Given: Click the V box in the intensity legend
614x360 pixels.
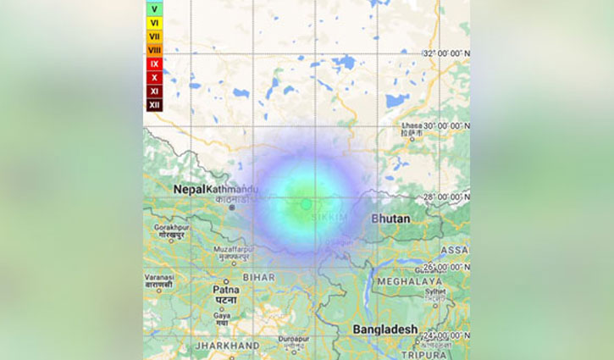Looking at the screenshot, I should coord(153,9).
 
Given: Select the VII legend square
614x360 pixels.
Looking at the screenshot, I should coord(153,36).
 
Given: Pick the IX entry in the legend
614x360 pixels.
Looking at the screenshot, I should coord(153,64).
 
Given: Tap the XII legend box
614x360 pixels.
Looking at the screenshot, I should coord(153,105).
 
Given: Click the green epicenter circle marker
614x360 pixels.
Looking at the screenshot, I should coord(306,204).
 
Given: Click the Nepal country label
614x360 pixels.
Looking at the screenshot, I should coord(190,190).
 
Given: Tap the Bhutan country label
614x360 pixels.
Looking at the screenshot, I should coord(390,219).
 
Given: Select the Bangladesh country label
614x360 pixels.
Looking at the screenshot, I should coord(386,329).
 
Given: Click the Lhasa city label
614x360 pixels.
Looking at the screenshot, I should coord(411,125).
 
